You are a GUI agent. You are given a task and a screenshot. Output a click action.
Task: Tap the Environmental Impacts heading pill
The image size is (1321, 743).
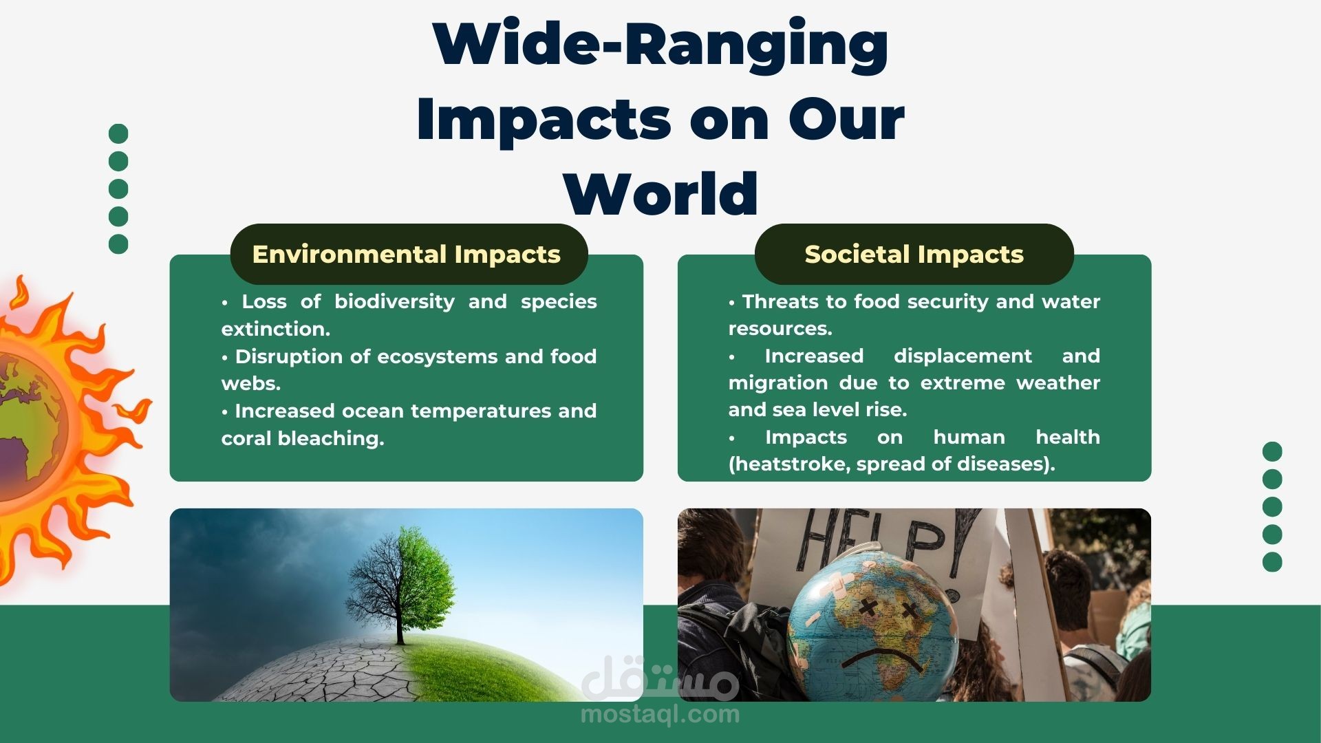pos(409,254)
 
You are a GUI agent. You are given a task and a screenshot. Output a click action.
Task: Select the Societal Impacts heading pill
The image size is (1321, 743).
pos(914,254)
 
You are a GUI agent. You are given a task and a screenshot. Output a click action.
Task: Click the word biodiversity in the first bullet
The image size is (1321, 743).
pos(394,302)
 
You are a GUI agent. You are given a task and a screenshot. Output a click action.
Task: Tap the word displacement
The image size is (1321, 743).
pos(963,356)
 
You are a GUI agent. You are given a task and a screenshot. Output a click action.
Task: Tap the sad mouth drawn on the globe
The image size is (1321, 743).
pos(874,657)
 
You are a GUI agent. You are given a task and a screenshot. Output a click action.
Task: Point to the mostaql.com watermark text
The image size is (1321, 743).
pos(660,714)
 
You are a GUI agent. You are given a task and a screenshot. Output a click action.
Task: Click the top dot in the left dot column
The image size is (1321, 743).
pos(118,133)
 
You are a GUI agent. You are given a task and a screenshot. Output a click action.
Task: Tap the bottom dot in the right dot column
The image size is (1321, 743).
pos(1272,561)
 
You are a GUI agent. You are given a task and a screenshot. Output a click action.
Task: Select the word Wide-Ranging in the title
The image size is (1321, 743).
pos(660,43)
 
